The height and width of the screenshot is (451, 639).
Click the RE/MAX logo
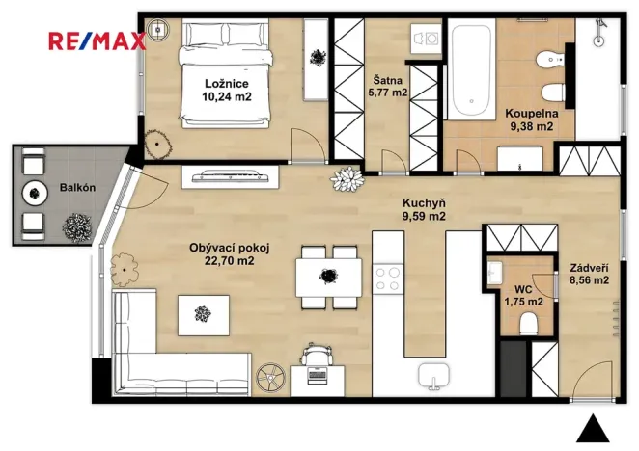pyautogui.click(x=97, y=40)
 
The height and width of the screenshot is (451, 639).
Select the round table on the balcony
pyautogui.click(x=37, y=191)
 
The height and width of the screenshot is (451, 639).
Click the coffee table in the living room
pyautogui.click(x=203, y=313)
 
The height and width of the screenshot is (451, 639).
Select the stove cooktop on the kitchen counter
pyautogui.click(x=389, y=278)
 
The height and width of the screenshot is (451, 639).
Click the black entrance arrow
pyautogui.click(x=597, y=427)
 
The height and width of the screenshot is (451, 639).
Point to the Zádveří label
pyautogui.click(x=588, y=267)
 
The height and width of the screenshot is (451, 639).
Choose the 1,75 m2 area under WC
pyautogui.click(x=522, y=302)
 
